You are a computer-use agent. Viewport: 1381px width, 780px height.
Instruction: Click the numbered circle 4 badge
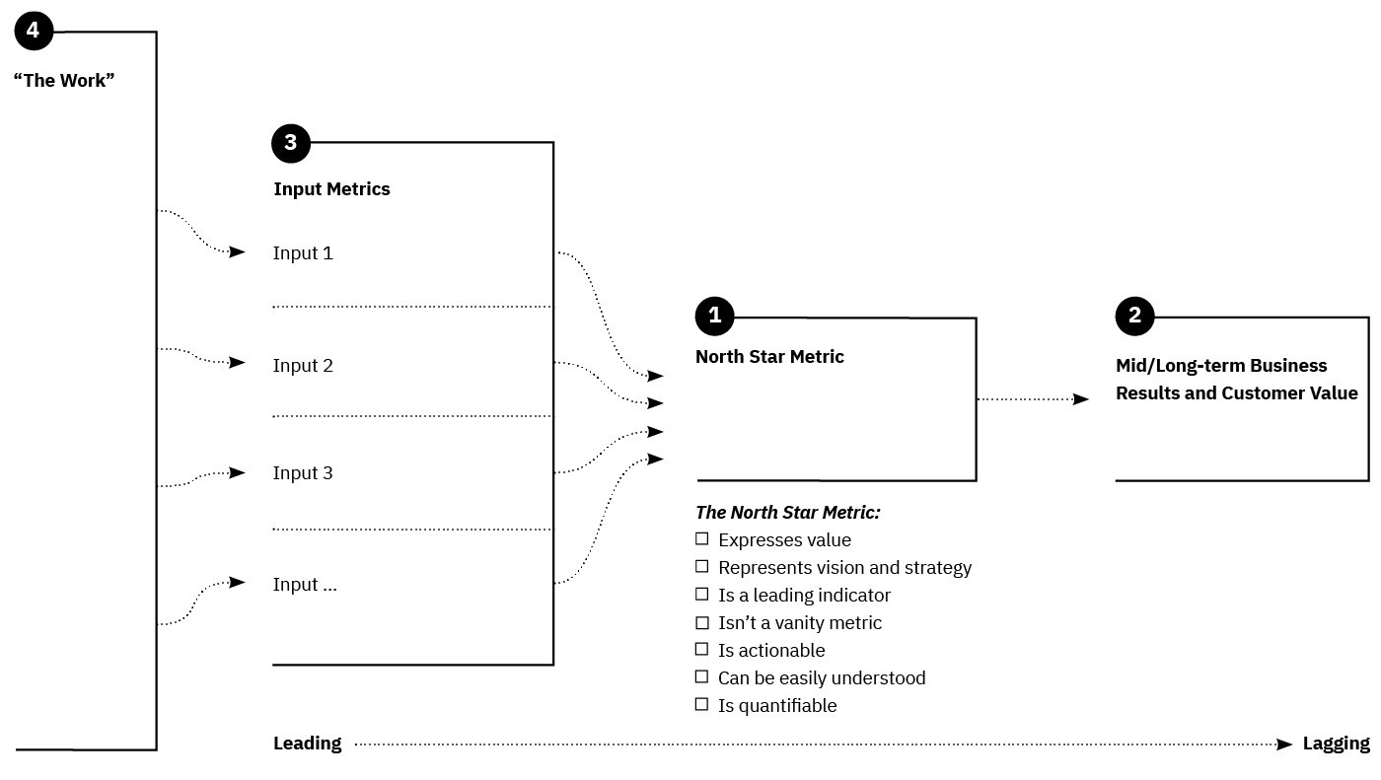pyautogui.click(x=33, y=32)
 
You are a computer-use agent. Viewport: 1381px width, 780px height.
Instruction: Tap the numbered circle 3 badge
pyautogui.click(x=290, y=143)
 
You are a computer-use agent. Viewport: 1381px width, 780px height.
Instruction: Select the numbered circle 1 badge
pyautogui.click(x=714, y=317)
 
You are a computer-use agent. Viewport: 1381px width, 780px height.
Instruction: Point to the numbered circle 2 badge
pyautogui.click(x=1134, y=317)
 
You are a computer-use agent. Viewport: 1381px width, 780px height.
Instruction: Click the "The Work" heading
pyautogui.click(x=64, y=81)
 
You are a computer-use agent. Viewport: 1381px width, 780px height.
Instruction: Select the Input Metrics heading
pyautogui.click(x=331, y=189)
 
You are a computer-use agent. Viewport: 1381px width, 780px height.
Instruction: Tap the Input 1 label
pyautogui.click(x=303, y=253)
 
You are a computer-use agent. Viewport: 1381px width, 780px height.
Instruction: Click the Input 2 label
pyautogui.click(x=303, y=366)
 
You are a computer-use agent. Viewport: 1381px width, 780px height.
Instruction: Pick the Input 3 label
pyautogui.click(x=303, y=473)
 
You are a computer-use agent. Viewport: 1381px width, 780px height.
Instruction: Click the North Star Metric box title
pyautogui.click(x=769, y=357)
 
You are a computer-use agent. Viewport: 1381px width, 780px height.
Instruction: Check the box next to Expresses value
pyautogui.click(x=702, y=539)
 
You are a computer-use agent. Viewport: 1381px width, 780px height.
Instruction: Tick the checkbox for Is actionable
pyautogui.click(x=702, y=650)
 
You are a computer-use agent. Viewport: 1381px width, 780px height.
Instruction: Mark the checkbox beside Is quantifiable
pyautogui.click(x=702, y=705)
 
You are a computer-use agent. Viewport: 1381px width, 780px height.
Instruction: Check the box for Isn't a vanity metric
pyautogui.click(x=702, y=622)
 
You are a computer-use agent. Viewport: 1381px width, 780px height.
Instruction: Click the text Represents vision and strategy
pyautogui.click(x=844, y=568)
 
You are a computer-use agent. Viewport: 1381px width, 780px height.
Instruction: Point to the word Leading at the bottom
pyautogui.click(x=307, y=744)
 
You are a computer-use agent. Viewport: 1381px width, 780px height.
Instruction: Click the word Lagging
pyautogui.click(x=1336, y=744)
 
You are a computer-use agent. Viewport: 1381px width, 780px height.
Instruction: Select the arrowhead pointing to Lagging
pyautogui.click(x=1284, y=745)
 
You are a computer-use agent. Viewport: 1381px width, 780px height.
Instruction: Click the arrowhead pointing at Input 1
pyautogui.click(x=237, y=252)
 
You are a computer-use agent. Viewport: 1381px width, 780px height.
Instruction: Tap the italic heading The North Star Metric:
pyautogui.click(x=787, y=513)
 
